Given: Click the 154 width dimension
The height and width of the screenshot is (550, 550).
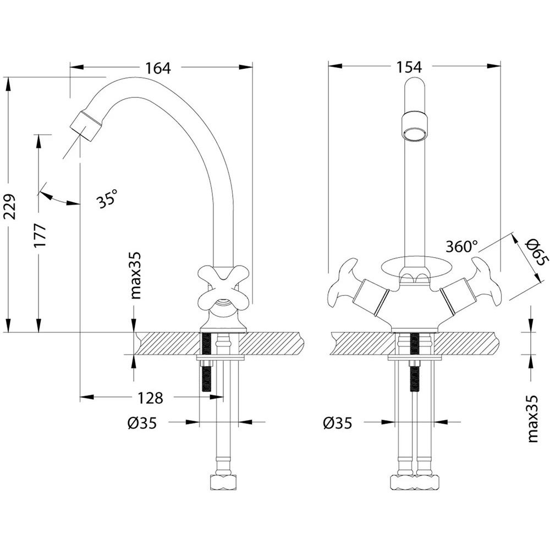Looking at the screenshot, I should click(x=408, y=67).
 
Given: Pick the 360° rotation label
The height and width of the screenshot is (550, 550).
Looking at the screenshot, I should click(x=462, y=246).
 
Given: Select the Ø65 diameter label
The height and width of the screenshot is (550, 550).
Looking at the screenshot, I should click(x=534, y=252).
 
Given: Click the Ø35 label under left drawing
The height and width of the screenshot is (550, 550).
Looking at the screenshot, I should click(x=142, y=423).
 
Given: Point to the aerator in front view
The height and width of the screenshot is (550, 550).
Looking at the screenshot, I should click(x=415, y=126).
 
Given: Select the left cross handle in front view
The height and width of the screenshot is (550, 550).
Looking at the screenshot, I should click(x=342, y=285).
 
